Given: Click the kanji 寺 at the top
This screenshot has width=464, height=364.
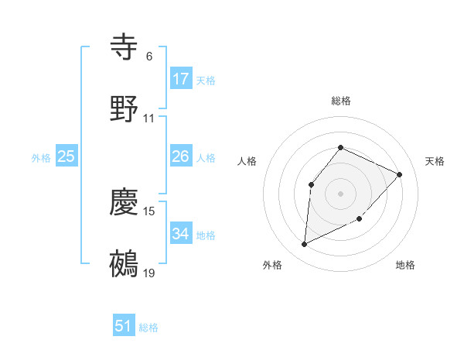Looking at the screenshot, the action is tap(125, 46).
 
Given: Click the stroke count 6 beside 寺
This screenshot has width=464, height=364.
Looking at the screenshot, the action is tap(149, 57).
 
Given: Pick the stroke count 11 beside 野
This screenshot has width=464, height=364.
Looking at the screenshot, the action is tap(149, 118).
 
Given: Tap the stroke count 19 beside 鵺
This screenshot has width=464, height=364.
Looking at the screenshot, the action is tap(149, 273).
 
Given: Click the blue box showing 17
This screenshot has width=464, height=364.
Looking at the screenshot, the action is tap(181, 78).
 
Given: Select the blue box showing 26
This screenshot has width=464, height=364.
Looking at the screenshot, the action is tap(181, 156).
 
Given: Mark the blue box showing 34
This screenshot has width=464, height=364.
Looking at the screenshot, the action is tap(181, 233).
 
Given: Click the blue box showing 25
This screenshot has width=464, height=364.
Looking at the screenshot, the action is tap(67, 156).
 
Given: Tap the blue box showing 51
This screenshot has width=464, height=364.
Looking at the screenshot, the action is tap(124, 326).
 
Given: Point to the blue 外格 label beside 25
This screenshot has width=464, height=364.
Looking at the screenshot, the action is tap(41, 158).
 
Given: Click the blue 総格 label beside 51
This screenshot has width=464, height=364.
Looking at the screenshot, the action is tap(148, 328).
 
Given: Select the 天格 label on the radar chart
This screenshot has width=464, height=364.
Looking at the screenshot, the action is tap(435, 161).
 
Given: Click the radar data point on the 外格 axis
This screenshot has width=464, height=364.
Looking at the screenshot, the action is tap(304, 245).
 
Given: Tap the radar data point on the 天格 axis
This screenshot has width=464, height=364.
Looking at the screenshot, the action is tap(400, 174).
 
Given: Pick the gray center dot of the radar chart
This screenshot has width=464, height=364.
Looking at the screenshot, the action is tap(340, 193).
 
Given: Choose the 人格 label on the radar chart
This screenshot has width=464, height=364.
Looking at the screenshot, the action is tap(247, 161).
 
